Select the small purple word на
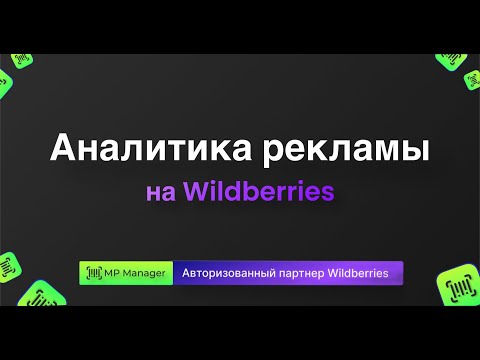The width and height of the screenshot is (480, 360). (x=161, y=191)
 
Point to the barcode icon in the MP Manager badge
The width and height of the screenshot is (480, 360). (x=94, y=273)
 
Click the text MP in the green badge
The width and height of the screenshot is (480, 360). (x=114, y=273)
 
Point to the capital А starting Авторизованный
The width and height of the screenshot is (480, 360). (x=185, y=273)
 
